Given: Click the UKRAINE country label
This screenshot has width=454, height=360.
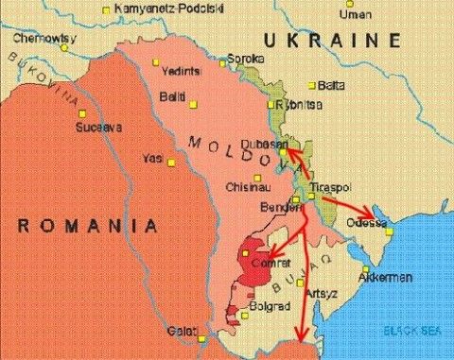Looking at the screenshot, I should pos(332,40).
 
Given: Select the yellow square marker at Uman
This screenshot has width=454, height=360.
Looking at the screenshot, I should pos(349,4).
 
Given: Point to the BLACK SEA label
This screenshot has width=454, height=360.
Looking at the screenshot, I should pos(412,329).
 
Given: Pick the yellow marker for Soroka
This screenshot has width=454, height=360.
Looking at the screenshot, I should pos(224,63).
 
